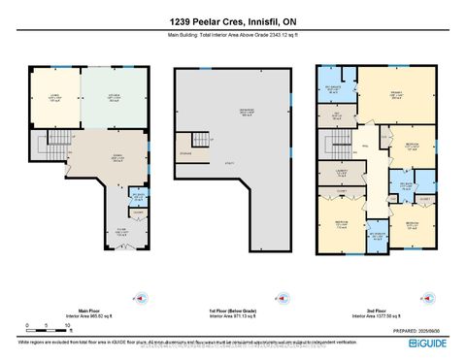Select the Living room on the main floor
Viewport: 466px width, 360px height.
tap(53, 97)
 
